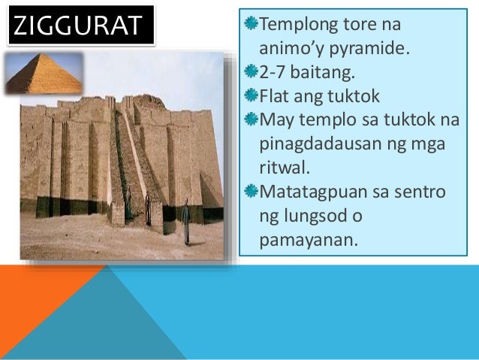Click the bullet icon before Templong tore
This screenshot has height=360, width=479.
point(250,24)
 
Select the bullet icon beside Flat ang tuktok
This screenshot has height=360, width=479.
point(250,95)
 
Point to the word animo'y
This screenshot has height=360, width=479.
point(294,50)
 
